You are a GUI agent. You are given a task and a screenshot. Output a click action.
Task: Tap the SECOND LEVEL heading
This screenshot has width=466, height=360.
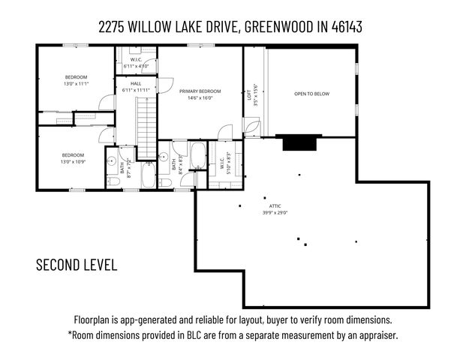pos(76,265)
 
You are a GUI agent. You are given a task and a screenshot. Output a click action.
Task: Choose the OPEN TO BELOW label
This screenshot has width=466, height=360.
pos(311,94)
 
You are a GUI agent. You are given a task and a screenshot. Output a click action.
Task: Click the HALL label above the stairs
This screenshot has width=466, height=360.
pos(136,84)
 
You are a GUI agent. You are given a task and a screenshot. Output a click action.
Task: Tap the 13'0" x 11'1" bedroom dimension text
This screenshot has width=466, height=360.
pos(75,84)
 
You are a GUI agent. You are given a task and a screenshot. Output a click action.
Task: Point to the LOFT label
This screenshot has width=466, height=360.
pos(249,94)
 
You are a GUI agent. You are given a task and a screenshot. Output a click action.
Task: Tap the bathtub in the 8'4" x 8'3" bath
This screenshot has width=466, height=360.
pos(197,157)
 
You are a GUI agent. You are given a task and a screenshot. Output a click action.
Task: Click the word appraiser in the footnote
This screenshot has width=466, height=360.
pos(375,335)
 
